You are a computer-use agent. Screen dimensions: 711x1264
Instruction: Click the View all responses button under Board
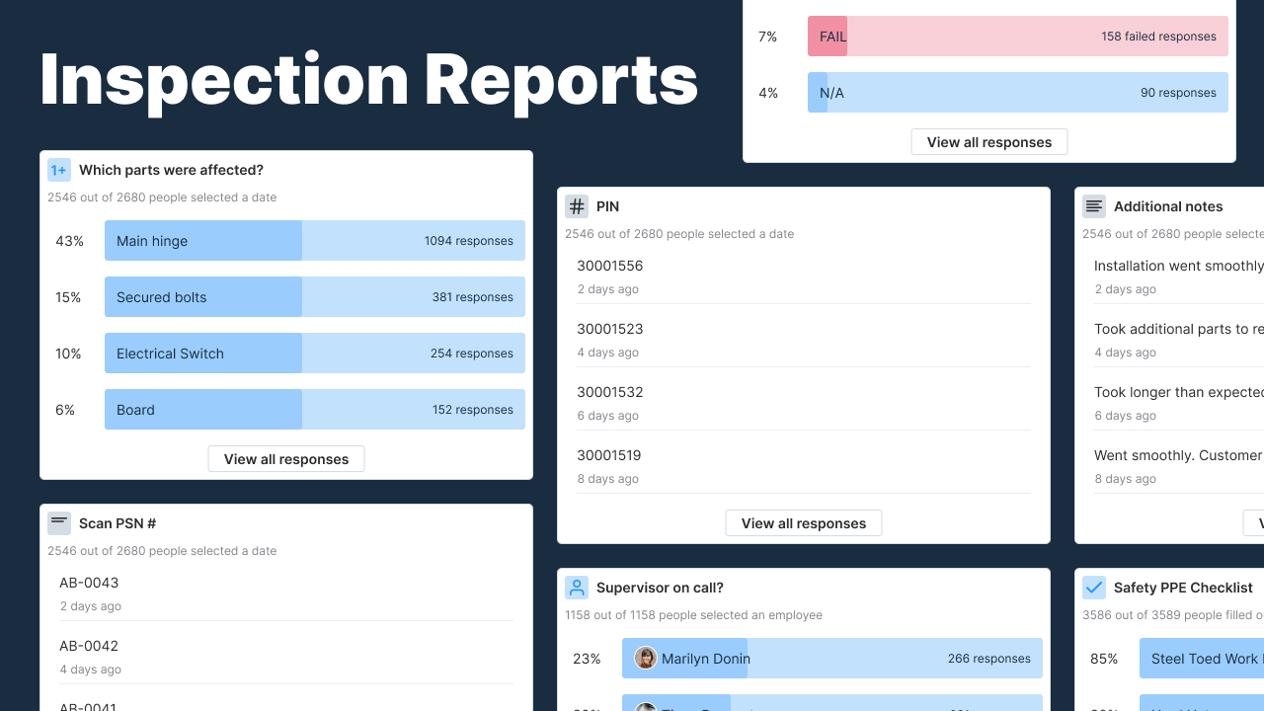click(285, 459)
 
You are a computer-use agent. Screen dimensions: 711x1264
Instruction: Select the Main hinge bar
click(202, 241)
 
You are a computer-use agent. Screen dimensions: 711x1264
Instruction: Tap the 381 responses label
click(472, 297)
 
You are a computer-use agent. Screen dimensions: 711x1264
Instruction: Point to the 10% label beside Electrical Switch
click(68, 354)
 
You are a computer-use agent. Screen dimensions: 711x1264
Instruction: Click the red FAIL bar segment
click(828, 37)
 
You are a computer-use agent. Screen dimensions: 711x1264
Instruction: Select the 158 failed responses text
click(1158, 37)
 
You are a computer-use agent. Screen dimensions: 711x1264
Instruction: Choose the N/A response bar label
click(831, 93)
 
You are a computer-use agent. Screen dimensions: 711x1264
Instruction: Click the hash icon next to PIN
click(577, 206)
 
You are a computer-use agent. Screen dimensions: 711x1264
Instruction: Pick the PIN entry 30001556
click(609, 266)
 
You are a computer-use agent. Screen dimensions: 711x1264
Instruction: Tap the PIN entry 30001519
click(608, 455)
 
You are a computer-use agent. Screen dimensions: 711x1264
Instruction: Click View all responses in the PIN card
click(803, 523)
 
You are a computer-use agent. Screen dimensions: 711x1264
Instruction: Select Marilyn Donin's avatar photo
click(646, 658)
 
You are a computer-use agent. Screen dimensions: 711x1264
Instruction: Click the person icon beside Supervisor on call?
click(577, 588)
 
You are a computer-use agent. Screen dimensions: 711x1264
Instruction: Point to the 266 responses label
click(988, 659)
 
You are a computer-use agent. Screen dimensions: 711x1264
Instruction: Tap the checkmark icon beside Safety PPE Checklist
click(1094, 588)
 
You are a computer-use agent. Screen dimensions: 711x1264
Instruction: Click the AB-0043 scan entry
click(89, 583)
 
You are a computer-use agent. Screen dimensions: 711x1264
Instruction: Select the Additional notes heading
click(1167, 206)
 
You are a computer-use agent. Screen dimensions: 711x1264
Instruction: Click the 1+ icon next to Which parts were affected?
click(59, 170)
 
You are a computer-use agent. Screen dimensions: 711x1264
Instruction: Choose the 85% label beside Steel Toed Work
click(1104, 659)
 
